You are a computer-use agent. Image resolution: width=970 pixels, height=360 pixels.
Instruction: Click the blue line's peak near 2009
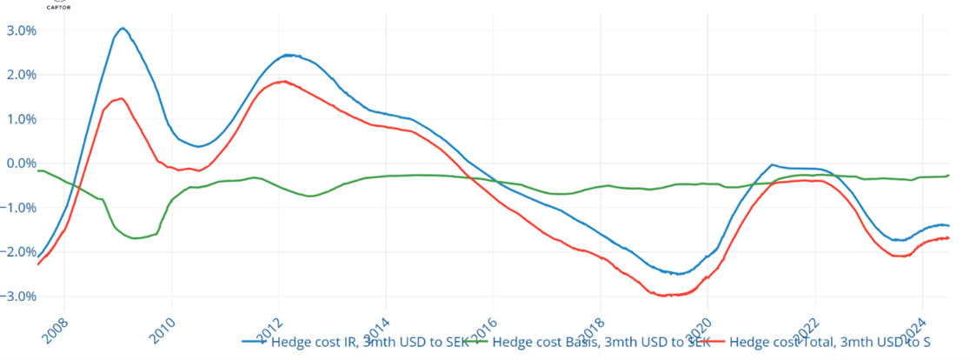(x=123, y=29)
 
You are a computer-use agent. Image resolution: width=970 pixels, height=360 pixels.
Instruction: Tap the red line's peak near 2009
(x=121, y=98)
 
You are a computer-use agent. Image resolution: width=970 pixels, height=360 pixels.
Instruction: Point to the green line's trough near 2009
(x=136, y=238)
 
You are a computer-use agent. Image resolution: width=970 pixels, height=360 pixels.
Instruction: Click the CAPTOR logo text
(x=59, y=7)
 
